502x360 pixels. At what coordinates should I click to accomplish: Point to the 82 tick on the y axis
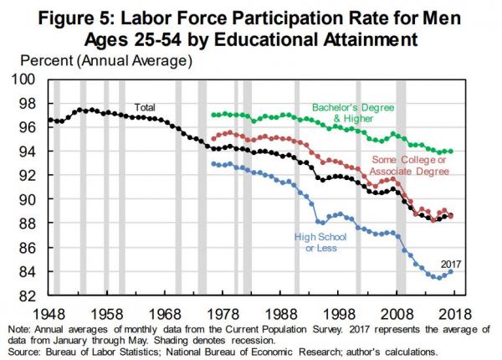(29, 296)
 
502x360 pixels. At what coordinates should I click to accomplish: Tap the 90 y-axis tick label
(29, 200)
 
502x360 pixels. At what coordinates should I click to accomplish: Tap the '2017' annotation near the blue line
(451, 264)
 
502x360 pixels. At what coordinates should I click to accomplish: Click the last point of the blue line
(452, 271)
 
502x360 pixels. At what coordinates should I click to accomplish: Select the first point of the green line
(213, 115)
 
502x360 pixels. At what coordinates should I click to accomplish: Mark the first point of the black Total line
(49, 120)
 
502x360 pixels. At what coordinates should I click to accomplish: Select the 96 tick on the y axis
(29, 127)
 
